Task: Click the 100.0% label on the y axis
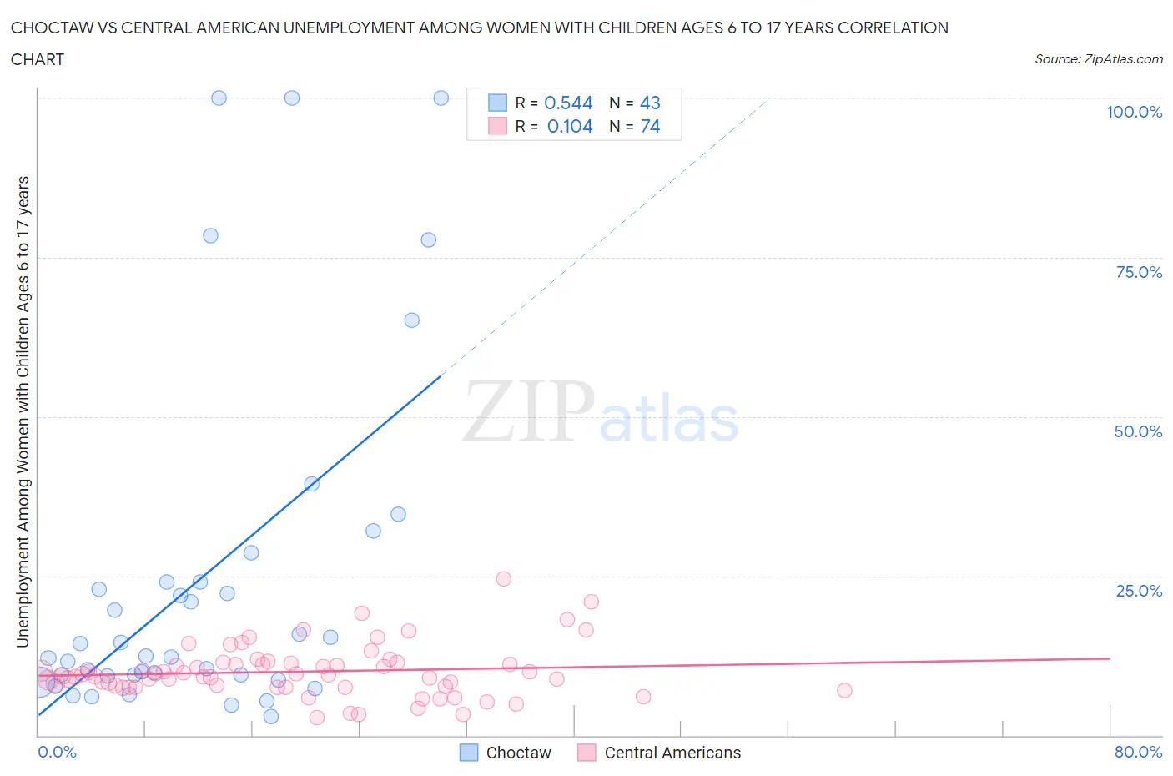(x=1134, y=112)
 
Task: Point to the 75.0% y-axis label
(x=1139, y=272)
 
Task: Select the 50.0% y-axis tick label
(x=1138, y=431)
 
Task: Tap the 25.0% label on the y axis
(x=1139, y=591)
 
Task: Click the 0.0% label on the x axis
(x=57, y=752)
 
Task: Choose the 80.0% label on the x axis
(x=1138, y=752)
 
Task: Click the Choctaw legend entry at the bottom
(x=506, y=753)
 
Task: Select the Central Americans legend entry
(x=659, y=753)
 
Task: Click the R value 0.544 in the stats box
(x=568, y=103)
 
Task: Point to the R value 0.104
(x=570, y=126)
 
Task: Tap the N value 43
(x=650, y=103)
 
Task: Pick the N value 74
(x=650, y=126)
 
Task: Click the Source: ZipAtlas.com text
(x=1098, y=58)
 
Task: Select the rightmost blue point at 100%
(x=441, y=98)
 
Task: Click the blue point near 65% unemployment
(x=411, y=320)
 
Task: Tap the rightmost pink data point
(x=844, y=690)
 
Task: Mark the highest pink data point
(x=503, y=579)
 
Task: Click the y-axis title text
(x=23, y=411)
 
